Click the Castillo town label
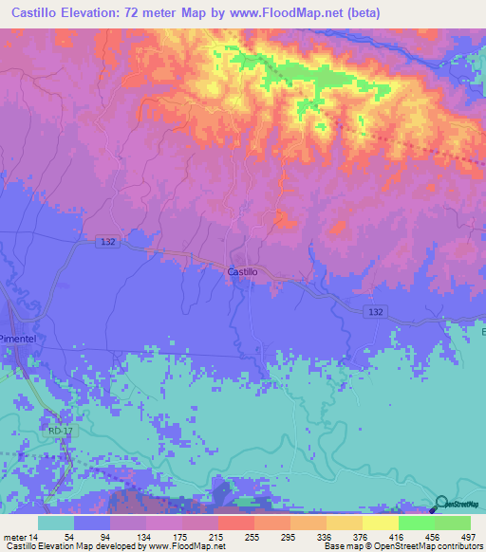(244, 271)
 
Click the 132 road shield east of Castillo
(377, 312)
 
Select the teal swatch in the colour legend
(56, 523)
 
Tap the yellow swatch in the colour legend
(380, 523)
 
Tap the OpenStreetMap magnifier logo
(439, 504)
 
